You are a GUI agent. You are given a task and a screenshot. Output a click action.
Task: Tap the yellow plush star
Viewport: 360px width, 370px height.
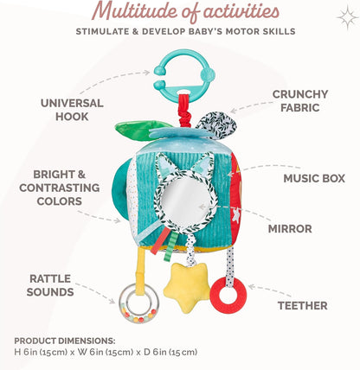coord(187,288)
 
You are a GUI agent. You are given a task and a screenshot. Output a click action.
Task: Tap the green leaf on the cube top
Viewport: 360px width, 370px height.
coord(141,131)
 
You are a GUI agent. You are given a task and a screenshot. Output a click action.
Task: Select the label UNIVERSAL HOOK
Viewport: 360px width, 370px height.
coord(72,110)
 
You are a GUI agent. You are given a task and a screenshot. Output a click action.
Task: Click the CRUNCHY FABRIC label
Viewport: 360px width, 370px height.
coord(300,101)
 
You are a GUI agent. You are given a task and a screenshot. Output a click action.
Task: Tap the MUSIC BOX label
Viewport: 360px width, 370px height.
coord(314,178)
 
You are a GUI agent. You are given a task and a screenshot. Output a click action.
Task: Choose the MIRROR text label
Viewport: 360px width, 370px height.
coord(290,229)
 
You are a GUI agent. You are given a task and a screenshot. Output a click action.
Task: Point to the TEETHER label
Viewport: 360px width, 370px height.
coord(303,306)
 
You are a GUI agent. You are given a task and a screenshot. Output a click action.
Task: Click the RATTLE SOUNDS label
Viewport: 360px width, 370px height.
coord(50,285)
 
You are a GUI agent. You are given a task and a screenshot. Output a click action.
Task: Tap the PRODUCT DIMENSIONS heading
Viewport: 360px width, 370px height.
coord(65,341)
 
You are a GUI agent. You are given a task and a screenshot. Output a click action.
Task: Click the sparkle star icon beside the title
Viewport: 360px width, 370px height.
coord(347,18)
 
